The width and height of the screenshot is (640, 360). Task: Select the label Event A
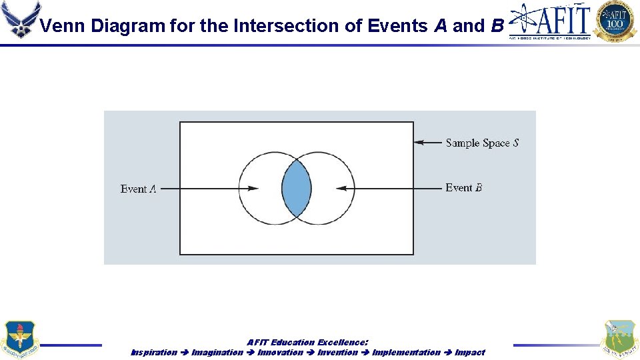(139, 189)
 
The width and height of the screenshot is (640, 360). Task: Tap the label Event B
(463, 188)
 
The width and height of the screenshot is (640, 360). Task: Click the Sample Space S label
(482, 143)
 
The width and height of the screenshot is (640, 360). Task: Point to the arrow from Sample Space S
(427, 142)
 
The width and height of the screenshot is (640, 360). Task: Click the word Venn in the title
(63, 26)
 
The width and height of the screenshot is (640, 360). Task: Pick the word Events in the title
(386, 26)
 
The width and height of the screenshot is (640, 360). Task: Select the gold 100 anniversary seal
(615, 20)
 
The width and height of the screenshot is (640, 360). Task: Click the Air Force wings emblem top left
(20, 20)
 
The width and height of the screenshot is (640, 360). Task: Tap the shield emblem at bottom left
(20, 339)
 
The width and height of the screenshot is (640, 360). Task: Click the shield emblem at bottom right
(619, 339)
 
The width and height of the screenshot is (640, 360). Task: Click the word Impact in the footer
(470, 352)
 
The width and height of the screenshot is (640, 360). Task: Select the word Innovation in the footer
(281, 352)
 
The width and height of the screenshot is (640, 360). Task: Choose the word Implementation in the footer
(407, 352)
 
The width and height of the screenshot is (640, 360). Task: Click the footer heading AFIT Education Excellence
(307, 342)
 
